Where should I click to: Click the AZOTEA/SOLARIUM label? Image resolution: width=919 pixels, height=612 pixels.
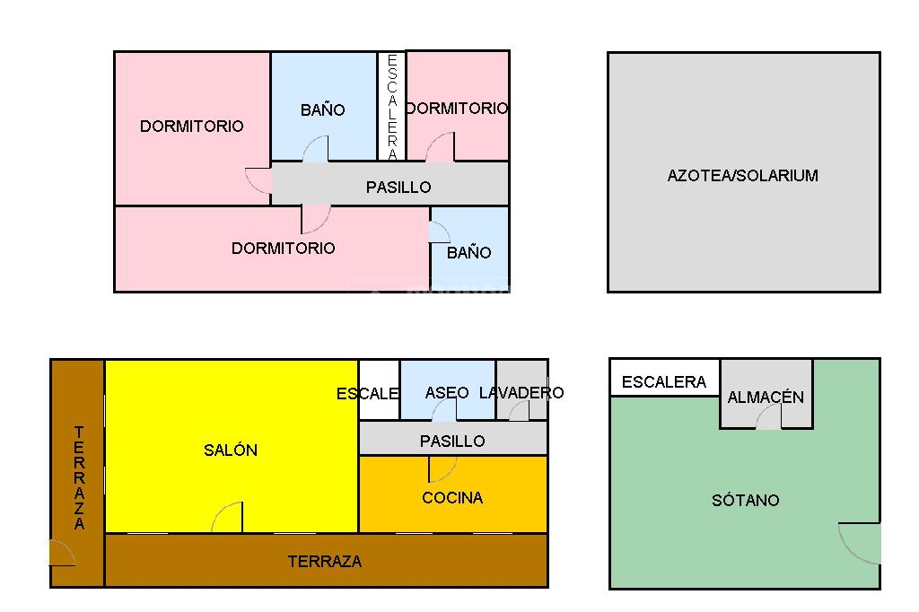(742, 176)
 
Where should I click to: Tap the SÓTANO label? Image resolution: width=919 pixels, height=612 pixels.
(745, 501)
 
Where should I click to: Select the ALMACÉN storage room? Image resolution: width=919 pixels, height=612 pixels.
(766, 397)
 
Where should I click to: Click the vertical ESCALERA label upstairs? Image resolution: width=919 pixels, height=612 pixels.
(392, 107)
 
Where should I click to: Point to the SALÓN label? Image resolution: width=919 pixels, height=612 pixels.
(231, 450)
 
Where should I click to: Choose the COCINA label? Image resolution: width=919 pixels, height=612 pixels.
(452, 498)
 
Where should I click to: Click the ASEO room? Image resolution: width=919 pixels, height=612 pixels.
(447, 392)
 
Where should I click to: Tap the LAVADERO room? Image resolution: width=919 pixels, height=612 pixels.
(522, 392)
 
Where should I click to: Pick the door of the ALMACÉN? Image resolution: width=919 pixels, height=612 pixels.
(768, 417)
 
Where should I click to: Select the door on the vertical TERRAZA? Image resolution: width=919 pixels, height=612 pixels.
(62, 553)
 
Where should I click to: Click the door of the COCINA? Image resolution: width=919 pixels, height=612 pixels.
(442, 468)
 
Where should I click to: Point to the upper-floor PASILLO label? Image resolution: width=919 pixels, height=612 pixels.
(398, 188)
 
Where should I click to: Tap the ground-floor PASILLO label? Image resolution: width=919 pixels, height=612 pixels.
(452, 442)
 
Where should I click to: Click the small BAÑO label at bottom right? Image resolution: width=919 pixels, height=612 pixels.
(468, 253)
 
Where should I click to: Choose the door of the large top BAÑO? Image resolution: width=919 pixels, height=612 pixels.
(316, 150)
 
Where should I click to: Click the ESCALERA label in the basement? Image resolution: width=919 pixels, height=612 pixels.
(664, 382)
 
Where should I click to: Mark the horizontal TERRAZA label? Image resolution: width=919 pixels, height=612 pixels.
(325, 562)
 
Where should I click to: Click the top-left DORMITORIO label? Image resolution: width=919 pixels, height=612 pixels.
(191, 127)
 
